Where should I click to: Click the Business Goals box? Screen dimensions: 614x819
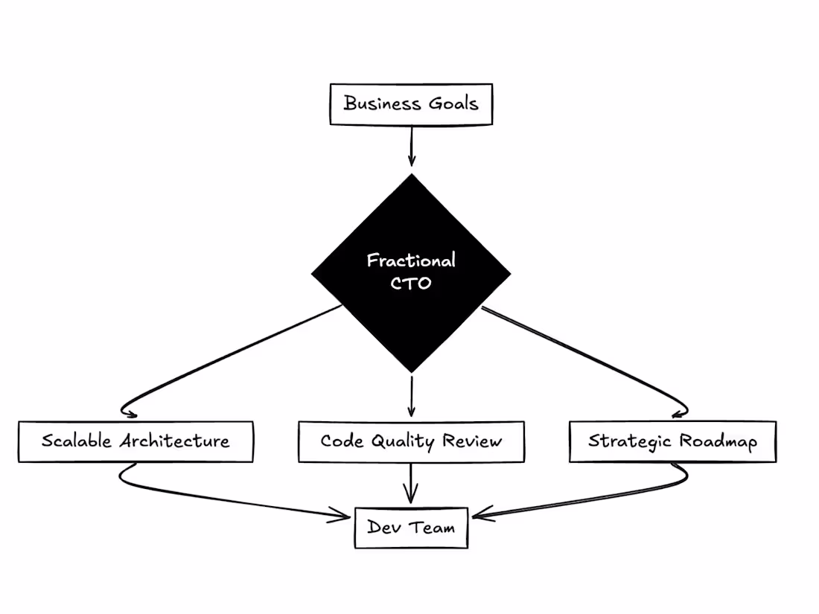(411, 104)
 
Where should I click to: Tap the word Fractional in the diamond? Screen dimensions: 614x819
(411, 260)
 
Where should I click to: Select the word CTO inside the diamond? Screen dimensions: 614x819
(411, 283)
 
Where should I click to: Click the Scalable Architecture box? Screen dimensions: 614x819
(135, 441)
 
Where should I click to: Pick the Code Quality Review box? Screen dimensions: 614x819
(411, 441)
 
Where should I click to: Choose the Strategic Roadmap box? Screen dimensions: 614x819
(672, 441)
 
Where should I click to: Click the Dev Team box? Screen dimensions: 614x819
(411, 528)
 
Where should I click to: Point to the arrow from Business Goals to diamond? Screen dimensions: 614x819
(411, 145)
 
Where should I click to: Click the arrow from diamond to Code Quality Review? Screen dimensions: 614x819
(411, 394)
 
